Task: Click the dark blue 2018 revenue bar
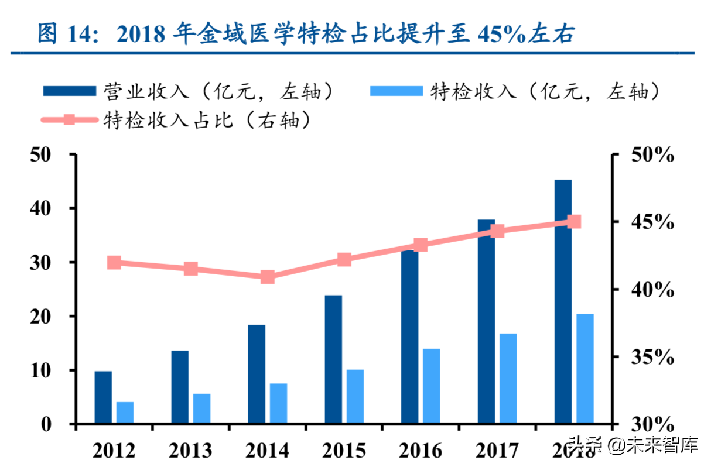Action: [x=563, y=301]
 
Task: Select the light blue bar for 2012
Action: [x=125, y=412]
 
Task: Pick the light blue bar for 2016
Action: [x=432, y=386]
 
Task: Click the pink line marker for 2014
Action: [x=268, y=277]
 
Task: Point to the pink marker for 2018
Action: [x=574, y=222]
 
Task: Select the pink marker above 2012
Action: [x=114, y=263]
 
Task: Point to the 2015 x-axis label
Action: [x=344, y=451]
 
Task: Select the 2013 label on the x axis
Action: [x=190, y=451]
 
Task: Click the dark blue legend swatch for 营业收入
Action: [x=69, y=91]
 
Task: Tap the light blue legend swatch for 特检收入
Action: [x=396, y=91]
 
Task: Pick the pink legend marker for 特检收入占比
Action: [x=69, y=120]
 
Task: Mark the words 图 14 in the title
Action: [x=65, y=35]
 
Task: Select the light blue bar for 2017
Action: [x=508, y=378]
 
